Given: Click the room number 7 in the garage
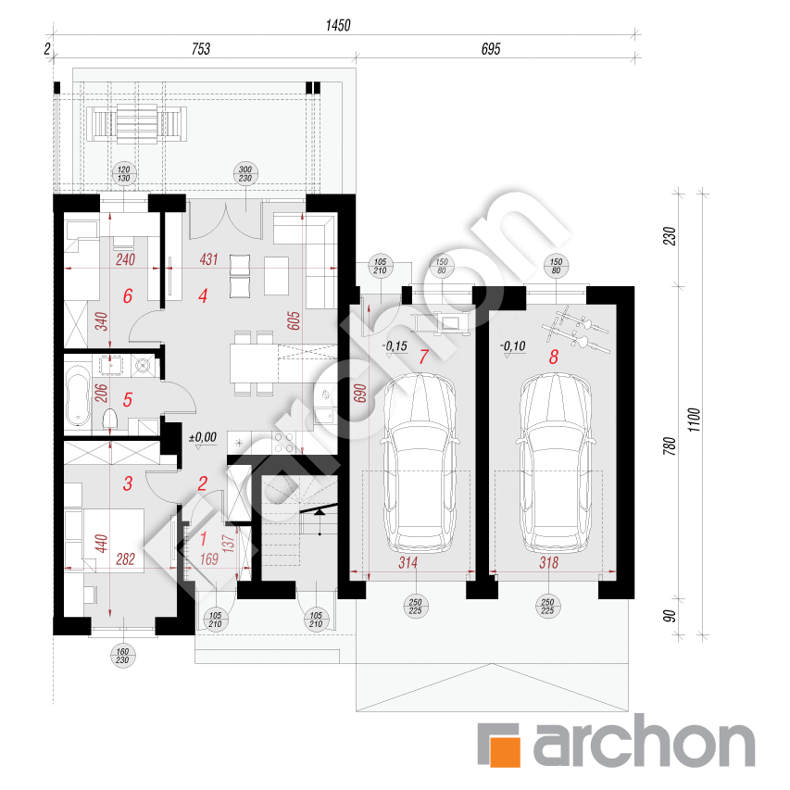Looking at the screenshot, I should coord(423,356).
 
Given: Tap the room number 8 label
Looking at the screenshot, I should coord(555,356).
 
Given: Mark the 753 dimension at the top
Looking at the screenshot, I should coord(201,50).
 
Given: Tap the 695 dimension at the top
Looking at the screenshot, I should coord(491,50).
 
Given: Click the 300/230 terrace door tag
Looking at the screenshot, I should coord(245,175).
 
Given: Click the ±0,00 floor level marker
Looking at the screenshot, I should coord(202,436).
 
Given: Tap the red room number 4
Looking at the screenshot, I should coord(201,296).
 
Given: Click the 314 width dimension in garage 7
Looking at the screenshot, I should coord(408,562).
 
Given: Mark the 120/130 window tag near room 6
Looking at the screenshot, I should coord(122,175).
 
